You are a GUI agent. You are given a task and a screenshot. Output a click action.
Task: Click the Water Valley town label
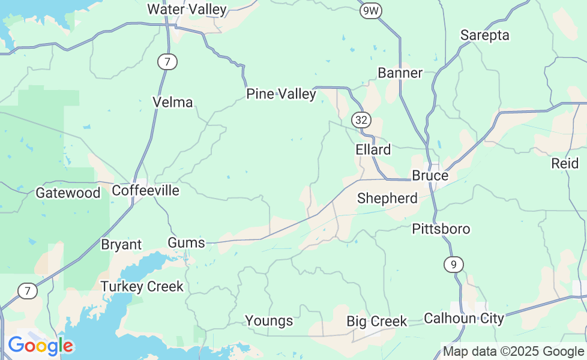187,10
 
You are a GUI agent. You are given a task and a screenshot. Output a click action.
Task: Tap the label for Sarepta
484,35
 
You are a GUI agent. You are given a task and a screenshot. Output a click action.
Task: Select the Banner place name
400,73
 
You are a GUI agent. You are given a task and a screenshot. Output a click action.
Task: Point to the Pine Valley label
281,94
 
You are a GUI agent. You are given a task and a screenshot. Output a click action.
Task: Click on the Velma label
173,103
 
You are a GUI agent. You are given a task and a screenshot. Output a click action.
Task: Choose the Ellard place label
373,150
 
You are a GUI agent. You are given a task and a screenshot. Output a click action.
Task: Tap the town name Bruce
430,176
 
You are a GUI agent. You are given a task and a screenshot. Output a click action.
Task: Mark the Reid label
565,163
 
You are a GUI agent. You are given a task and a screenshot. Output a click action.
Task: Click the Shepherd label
387,199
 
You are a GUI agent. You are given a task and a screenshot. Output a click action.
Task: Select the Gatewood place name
68,193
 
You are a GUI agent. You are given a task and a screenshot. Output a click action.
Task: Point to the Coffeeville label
146,191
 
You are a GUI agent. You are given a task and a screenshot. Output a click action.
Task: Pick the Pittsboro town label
441,229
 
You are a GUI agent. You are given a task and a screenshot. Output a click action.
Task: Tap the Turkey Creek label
142,287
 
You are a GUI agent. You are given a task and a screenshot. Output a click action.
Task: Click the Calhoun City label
463,318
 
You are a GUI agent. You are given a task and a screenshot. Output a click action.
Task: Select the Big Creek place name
376,322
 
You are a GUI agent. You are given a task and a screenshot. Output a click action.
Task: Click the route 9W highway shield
372,10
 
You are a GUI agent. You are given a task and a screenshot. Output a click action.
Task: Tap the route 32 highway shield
361,120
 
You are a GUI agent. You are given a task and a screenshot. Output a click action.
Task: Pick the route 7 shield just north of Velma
168,61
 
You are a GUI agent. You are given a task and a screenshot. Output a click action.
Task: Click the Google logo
40,346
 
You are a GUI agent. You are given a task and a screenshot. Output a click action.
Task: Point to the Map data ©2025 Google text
513,352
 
